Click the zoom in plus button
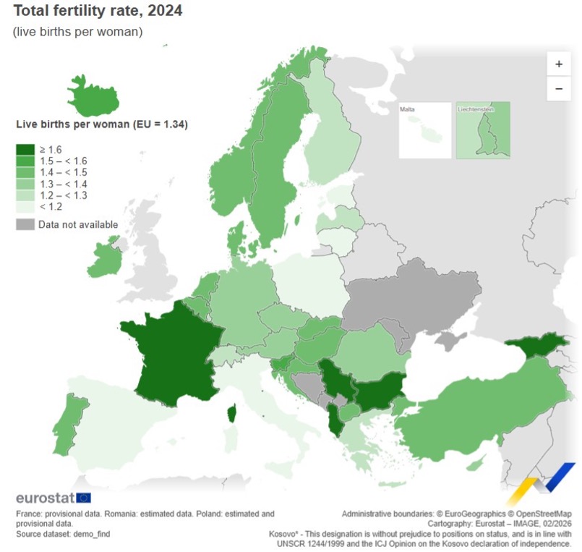[558, 64]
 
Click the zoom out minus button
[558, 88]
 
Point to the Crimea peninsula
[451, 339]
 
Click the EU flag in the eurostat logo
[83, 498]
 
